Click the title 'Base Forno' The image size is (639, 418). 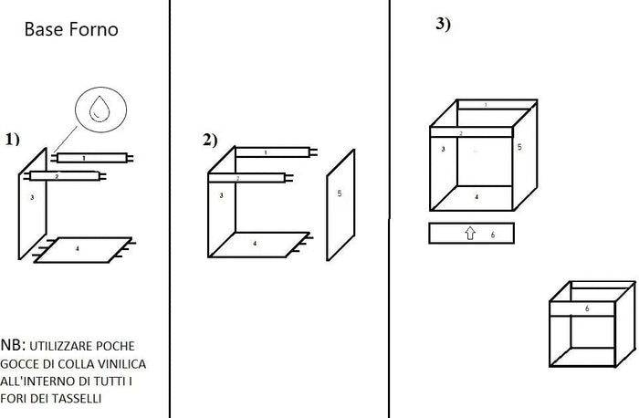71,30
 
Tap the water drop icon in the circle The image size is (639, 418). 98,110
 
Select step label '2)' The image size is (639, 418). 210,140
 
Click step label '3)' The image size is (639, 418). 443,25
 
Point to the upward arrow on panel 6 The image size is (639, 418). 471,235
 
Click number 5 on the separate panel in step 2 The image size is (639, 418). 340,193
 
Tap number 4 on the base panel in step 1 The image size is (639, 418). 77,248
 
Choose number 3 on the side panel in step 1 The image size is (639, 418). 32,197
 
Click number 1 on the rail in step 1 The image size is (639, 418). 83,158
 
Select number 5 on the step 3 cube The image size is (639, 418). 519,146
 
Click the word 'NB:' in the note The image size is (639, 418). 14,345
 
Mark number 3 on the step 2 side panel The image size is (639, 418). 221,195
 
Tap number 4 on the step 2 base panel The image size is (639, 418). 254,244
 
